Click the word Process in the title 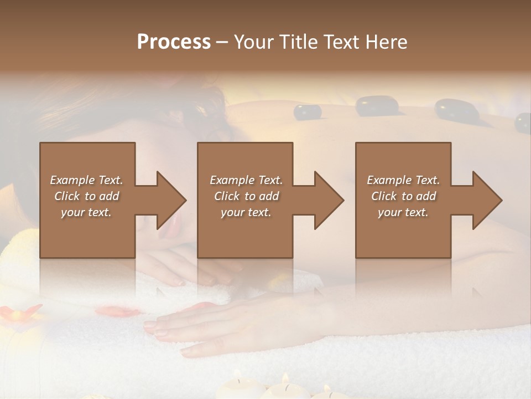pos(174,42)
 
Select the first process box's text pos(87,196)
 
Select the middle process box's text pos(246,196)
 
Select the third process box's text pos(403,196)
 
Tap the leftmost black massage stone pos(307,112)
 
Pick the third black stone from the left pos(456,110)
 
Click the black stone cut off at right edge pos(523,123)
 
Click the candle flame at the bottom pos(285,378)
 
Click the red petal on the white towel pos(119,311)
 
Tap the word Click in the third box pos(384,196)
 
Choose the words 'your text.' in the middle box pos(246,212)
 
